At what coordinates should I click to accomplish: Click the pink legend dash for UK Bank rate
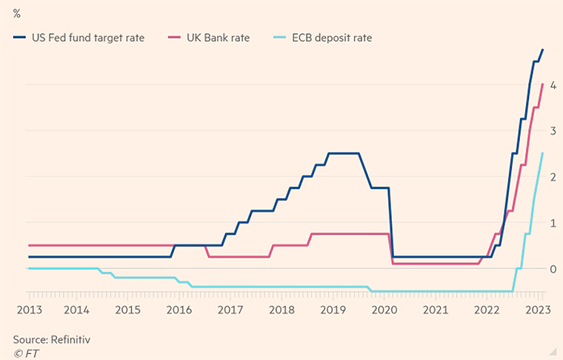pos(175,38)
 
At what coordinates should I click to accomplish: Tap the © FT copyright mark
pos(26,353)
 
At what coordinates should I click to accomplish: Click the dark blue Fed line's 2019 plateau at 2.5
pos(343,153)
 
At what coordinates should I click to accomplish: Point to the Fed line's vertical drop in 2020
pos(390,222)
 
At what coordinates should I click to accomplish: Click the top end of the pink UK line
pos(543,84)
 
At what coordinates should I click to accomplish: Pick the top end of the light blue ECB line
pos(543,153)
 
